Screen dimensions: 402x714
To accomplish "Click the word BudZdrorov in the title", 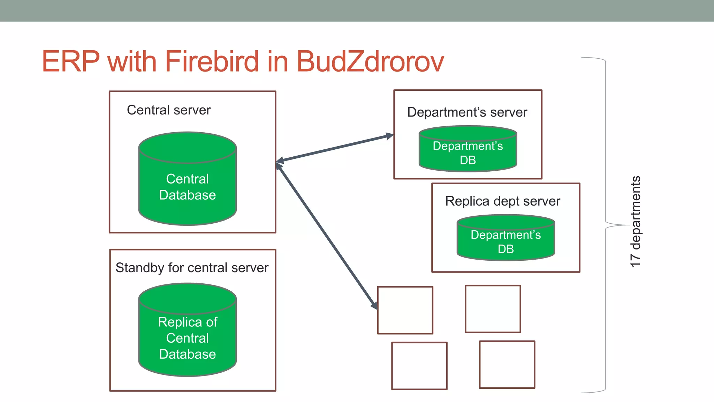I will click(x=370, y=61).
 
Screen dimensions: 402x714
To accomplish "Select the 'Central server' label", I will click(x=169, y=110).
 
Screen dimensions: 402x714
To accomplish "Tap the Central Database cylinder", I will click(x=188, y=187).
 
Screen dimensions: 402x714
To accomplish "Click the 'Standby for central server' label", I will click(x=192, y=268).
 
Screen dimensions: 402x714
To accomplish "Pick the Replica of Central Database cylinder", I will click(x=188, y=337).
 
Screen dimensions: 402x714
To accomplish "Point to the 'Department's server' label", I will click(x=467, y=112).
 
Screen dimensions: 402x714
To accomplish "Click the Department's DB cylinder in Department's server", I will click(x=468, y=153).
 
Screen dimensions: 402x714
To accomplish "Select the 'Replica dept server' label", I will click(x=503, y=201).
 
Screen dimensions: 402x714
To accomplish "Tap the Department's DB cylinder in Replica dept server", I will click(x=506, y=242).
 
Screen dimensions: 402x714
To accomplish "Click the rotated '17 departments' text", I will click(x=636, y=222).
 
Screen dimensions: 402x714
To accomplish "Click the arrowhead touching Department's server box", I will click(x=389, y=136).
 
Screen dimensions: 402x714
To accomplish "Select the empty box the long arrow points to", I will click(x=405, y=310).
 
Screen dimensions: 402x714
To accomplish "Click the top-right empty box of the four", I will click(x=493, y=309).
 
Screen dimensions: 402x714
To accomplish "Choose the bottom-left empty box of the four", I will click(x=419, y=366).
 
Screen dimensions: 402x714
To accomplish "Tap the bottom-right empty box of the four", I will click(x=507, y=364).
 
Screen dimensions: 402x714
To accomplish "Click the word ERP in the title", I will click(x=71, y=61).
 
